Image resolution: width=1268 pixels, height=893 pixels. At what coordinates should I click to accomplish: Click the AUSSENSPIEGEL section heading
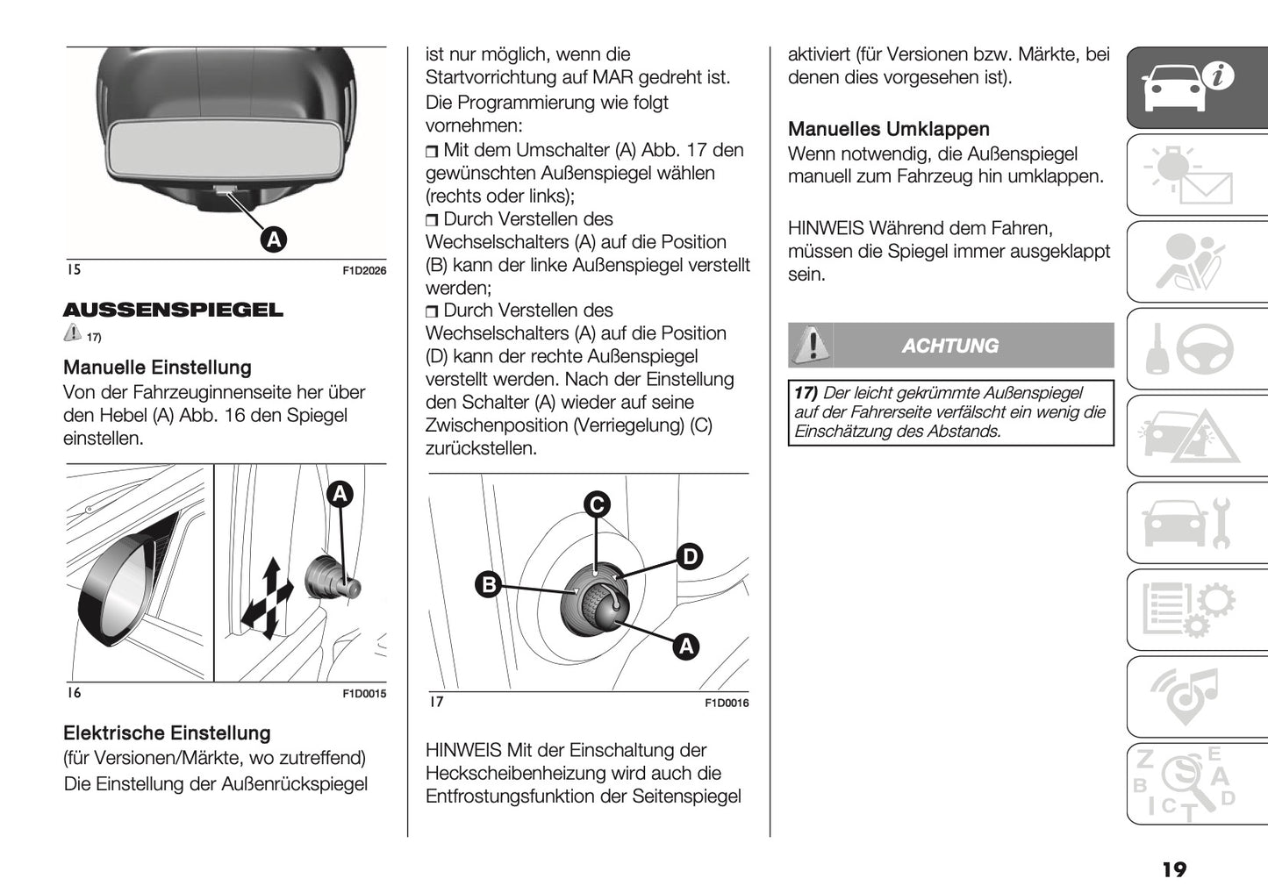pos(173,310)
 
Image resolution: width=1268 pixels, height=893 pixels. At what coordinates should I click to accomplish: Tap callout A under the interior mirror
pos(274,239)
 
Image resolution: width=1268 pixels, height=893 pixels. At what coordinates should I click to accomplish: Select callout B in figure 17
pos(488,584)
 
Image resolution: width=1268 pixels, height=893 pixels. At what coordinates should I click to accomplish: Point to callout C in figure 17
pos(597,504)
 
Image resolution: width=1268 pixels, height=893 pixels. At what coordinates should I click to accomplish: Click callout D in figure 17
pos(690,556)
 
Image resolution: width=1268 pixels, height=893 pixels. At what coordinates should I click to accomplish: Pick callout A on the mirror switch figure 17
pos(685,647)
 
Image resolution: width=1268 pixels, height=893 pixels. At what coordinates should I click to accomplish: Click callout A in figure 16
pos(340,494)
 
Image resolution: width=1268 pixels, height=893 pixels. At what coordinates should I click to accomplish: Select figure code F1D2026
pos(363,271)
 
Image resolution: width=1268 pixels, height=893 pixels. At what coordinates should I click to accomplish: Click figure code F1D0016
pos(727,703)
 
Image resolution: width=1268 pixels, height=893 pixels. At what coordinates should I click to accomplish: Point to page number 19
pos(1173,869)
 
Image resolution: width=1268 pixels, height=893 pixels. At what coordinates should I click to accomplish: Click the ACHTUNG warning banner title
pos(950,346)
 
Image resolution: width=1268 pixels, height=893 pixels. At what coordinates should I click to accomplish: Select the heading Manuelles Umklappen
pos(888,129)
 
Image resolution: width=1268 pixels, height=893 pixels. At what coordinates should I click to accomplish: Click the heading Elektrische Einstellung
pos(167,733)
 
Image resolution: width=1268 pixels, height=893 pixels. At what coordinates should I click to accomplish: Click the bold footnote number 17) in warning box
pos(806,393)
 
